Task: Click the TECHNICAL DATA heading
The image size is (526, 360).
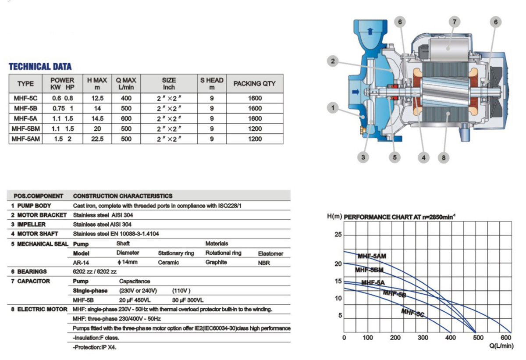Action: point(40,67)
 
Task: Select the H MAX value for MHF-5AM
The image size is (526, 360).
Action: point(97,139)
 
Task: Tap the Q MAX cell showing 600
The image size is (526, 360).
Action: point(126,118)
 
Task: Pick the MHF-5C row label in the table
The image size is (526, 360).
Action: point(25,98)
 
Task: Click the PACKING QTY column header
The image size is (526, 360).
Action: point(255,84)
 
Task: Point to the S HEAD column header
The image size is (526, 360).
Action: point(212,84)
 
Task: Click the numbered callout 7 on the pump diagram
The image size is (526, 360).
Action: point(455,22)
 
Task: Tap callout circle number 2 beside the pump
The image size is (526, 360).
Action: point(333,61)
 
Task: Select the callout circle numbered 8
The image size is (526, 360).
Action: point(444,157)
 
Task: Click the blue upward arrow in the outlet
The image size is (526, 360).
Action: point(370,31)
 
